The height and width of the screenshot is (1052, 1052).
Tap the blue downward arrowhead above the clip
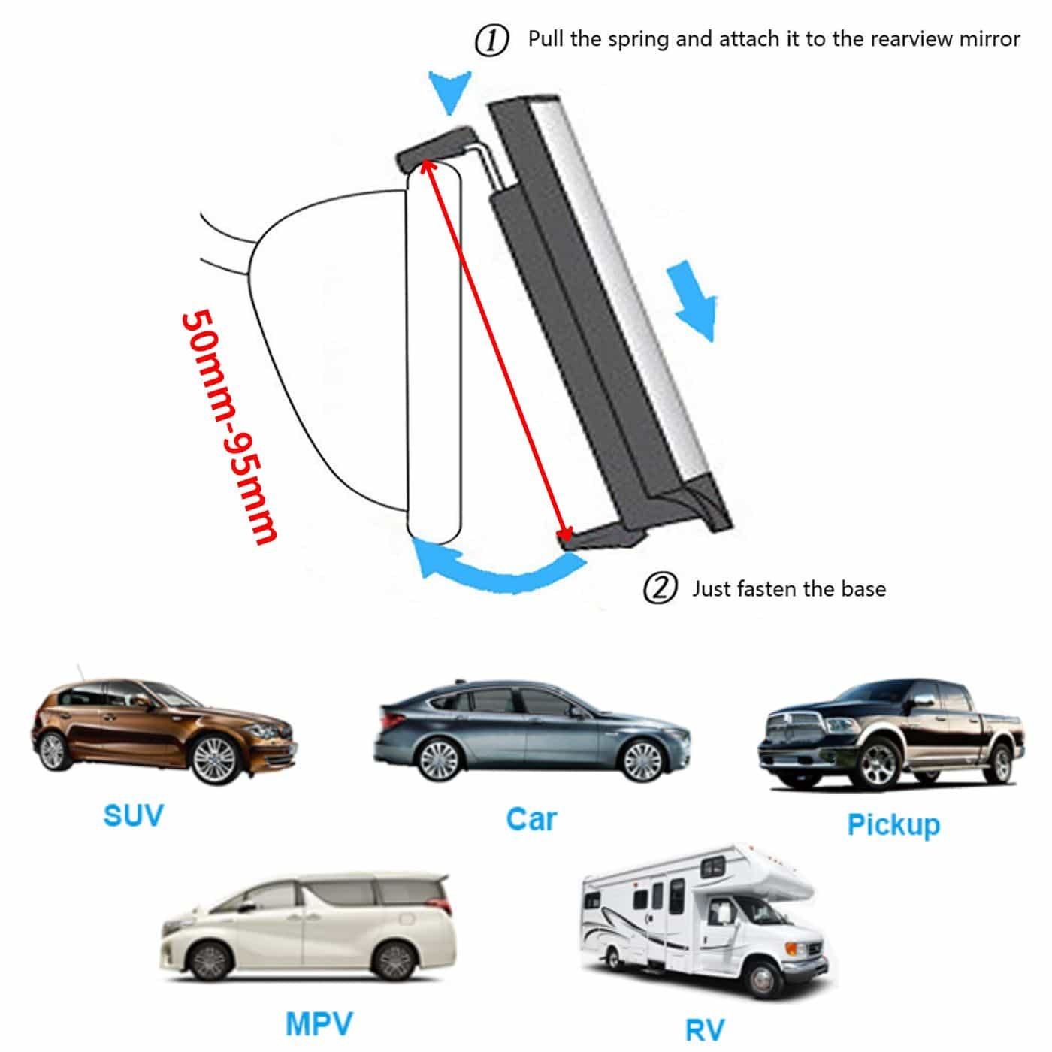pos(449,91)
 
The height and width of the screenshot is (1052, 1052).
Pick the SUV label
pos(134,815)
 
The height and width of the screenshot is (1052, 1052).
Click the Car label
pos(531,819)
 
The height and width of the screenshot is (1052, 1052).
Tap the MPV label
pos(319,1008)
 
